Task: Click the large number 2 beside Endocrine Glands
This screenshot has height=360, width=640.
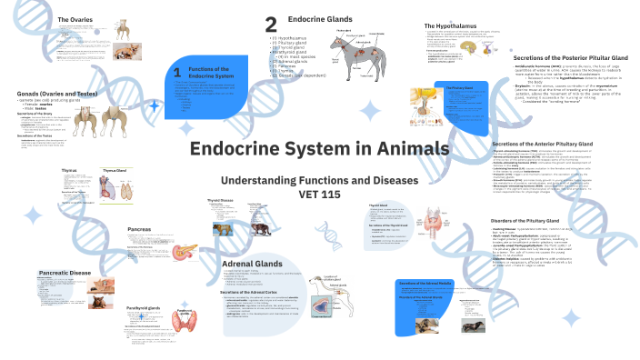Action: click(x=270, y=25)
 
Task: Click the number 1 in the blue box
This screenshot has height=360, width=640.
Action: click(x=176, y=72)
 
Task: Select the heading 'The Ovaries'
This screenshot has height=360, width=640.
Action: click(x=76, y=19)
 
